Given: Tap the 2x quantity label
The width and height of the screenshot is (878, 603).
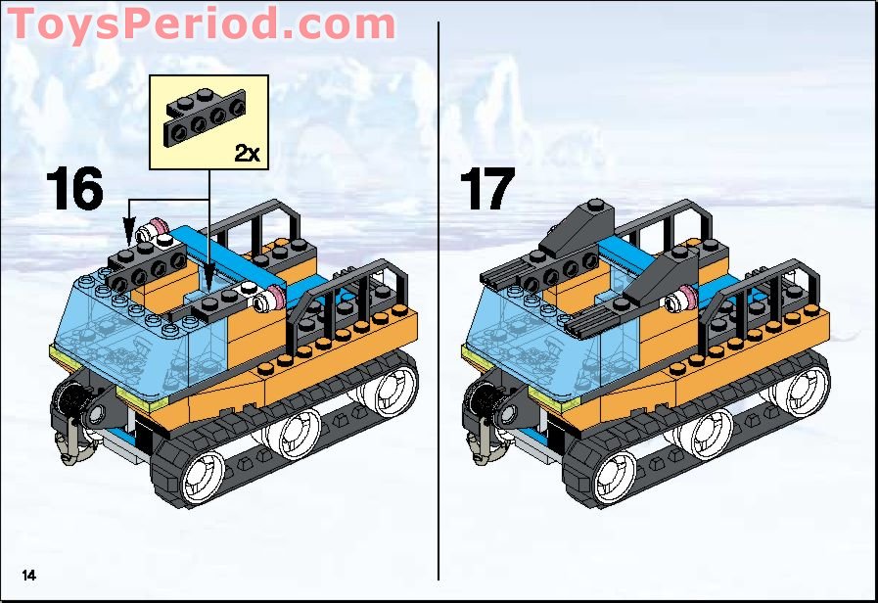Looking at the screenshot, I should tap(247, 153).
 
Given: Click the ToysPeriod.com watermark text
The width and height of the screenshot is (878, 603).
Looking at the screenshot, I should tap(201, 24).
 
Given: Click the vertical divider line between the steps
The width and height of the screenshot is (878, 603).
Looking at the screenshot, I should tap(439, 294).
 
